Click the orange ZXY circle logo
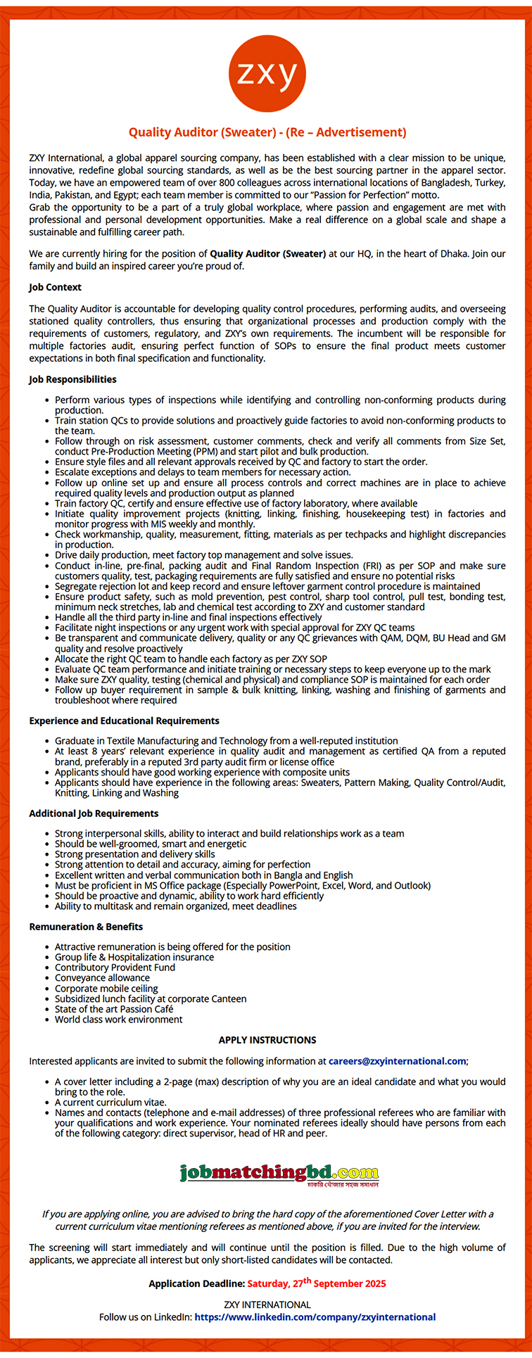267,74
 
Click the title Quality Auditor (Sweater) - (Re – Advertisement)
267,132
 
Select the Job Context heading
55,287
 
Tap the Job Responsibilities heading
72,379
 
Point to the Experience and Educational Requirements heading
124,721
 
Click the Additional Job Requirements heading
94,813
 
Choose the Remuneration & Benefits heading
86,927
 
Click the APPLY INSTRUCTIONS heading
267,1040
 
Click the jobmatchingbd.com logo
279,1174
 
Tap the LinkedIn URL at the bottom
315,1317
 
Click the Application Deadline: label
196,1284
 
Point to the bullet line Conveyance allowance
102,978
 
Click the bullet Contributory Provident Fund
115,967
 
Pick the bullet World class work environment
118,1020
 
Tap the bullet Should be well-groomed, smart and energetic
151,844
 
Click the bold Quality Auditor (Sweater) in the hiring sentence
267,253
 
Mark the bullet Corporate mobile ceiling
106,989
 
